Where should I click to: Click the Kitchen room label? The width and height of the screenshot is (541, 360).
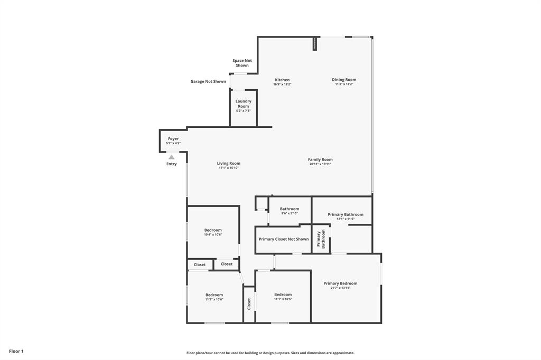[x=282, y=80]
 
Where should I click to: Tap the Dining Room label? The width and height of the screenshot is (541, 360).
[x=344, y=80]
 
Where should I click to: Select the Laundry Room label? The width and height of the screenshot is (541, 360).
[x=243, y=103]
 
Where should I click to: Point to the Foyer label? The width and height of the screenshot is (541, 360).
[x=173, y=139]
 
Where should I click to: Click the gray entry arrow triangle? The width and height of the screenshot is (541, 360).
[x=171, y=157]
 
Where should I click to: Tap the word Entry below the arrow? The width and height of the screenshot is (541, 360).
[x=171, y=164]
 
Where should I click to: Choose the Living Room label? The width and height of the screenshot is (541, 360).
[x=229, y=164]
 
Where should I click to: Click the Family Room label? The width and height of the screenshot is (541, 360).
[x=320, y=159]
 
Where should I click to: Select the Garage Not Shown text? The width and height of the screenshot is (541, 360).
[x=208, y=82]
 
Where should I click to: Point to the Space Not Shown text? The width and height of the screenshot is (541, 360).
[x=242, y=63]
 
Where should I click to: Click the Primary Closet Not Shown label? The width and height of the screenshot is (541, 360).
[x=284, y=239]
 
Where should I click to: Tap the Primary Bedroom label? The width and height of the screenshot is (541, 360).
[x=340, y=283]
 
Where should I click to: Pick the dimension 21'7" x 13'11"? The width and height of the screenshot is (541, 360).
[x=340, y=288]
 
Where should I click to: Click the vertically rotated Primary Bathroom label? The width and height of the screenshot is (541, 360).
[x=321, y=239]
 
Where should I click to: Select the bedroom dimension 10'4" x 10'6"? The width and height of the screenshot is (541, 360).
[x=213, y=235]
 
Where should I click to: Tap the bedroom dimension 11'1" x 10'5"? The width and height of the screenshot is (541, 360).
[x=283, y=299]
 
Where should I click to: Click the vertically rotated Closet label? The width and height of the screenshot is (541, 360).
[x=249, y=304]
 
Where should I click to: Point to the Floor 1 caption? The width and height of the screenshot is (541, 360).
[x=16, y=351]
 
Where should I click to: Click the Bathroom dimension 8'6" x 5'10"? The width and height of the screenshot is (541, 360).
[x=290, y=214]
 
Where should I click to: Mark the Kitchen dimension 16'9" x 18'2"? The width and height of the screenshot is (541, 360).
[x=282, y=84]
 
